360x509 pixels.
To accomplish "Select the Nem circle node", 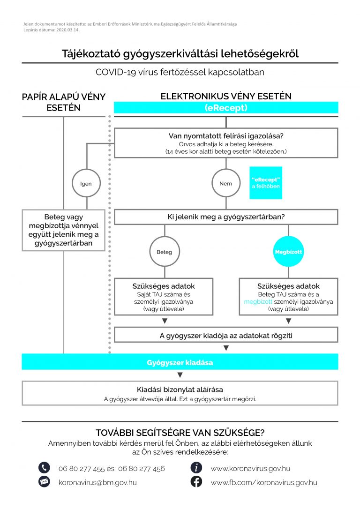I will tap(225, 184).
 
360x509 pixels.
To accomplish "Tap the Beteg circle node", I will tap(164, 252).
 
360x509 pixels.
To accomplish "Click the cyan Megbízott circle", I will tap(288, 252).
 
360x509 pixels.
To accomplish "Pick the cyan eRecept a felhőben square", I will tap(266, 183).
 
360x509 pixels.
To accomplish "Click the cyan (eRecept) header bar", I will tap(226, 107).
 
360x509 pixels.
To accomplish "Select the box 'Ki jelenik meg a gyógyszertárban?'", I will tap(226, 217).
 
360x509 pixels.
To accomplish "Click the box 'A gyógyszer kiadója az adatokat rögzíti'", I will tap(226, 335).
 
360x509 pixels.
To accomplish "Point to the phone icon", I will tap(44, 468).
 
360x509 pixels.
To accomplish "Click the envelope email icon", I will tap(44, 482).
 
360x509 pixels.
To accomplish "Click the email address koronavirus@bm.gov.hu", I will tap(97, 482).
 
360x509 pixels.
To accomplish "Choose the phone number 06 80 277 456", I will tap(142, 468).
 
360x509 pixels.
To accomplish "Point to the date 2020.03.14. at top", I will tap(66, 29).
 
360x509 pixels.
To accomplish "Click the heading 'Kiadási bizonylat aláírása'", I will tap(180, 389).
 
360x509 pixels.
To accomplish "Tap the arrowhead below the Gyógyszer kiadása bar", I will tap(180, 375).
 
